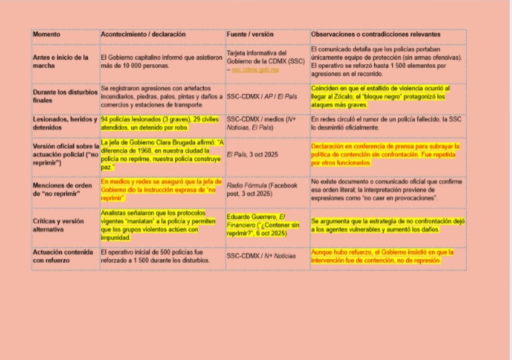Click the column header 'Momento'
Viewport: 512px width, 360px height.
pos(46,35)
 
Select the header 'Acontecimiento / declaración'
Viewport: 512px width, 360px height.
pos(143,35)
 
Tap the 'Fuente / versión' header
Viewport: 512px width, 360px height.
pos(249,35)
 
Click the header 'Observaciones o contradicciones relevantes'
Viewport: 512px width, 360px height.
pos(375,35)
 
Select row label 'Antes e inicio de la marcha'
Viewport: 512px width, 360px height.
pos(61,61)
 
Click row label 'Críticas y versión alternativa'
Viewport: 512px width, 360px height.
pos(58,225)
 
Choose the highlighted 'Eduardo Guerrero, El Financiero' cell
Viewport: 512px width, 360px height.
pos(263,225)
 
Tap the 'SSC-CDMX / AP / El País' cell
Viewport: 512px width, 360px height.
pos(262,96)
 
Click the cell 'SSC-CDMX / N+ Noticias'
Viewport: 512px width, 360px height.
pos(261,256)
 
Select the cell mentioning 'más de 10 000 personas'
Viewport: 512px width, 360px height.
pos(161,61)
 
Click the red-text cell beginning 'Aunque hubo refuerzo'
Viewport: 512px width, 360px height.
pos(382,256)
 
